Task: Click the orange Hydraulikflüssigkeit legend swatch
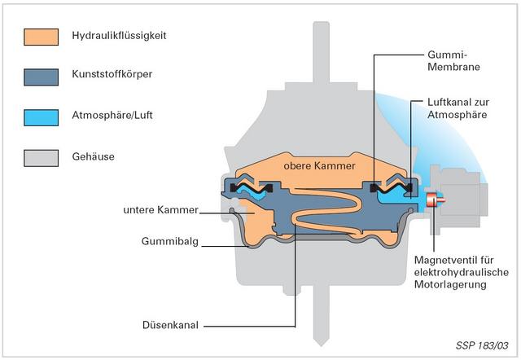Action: pyautogui.click(x=42, y=37)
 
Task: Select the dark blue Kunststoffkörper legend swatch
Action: pyautogui.click(x=42, y=77)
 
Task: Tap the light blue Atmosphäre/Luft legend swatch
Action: pyautogui.click(x=42, y=117)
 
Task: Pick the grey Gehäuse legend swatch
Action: pyautogui.click(x=42, y=158)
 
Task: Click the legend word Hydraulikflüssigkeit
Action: pyautogui.click(x=119, y=36)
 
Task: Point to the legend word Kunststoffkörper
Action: pyautogui.click(x=112, y=74)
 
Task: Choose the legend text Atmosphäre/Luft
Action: pyautogui.click(x=112, y=115)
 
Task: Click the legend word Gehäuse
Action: pyautogui.click(x=93, y=156)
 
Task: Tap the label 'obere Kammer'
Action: pyautogui.click(x=319, y=165)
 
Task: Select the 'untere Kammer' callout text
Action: pyautogui.click(x=160, y=210)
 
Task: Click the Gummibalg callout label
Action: pyautogui.click(x=170, y=241)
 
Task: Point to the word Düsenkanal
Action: pyautogui.click(x=170, y=325)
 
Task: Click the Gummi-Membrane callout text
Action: pyautogui.click(x=453, y=60)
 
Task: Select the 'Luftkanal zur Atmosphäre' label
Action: pyautogui.click(x=458, y=108)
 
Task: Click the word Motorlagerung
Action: pyautogui.click(x=450, y=284)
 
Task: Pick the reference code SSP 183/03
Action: pyautogui.click(x=482, y=345)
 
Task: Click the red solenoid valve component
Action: pyautogui.click(x=435, y=200)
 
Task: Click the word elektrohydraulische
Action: pyautogui.click(x=462, y=272)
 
